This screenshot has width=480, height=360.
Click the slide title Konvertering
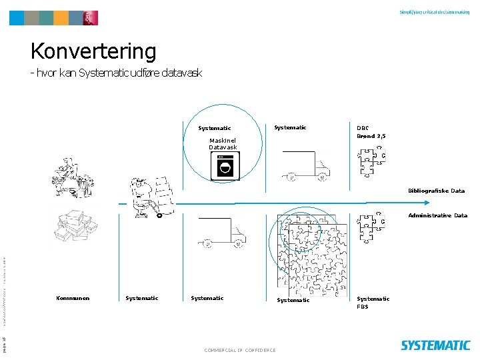(93, 51)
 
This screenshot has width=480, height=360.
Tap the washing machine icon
(225, 166)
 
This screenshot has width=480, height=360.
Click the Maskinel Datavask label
(223, 143)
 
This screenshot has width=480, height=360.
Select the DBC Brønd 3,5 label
(371, 131)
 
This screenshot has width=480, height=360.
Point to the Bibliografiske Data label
(437, 191)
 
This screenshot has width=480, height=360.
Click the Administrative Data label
(437, 215)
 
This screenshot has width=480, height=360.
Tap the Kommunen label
(73, 298)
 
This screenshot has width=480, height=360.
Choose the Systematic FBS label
(373, 303)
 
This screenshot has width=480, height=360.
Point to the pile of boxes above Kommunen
(77, 227)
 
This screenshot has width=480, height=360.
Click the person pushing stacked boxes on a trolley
(151, 196)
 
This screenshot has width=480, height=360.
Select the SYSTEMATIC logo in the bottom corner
(435, 345)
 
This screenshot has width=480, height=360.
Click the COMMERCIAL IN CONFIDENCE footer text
(241, 350)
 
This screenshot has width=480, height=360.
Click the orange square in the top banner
(61, 18)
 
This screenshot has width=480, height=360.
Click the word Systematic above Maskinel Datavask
(214, 128)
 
